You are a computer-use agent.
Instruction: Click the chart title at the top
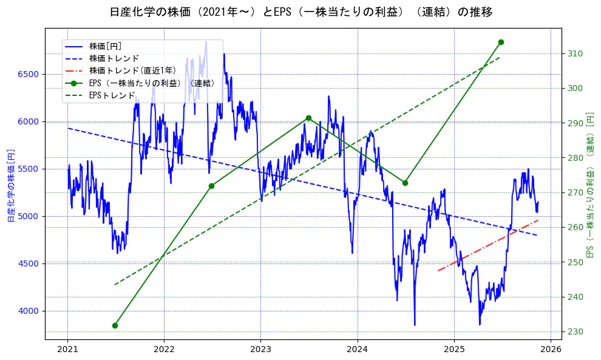pos(300,12)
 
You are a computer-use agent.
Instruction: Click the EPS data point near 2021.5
pos(115,325)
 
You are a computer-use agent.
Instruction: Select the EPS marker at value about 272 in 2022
pos(211,186)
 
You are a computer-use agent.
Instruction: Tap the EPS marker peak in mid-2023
pos(308,118)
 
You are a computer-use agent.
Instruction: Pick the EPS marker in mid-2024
pos(405,183)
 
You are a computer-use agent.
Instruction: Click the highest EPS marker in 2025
pos(501,42)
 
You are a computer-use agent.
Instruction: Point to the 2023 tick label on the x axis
pos(260,349)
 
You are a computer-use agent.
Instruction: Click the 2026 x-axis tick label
pos(550,349)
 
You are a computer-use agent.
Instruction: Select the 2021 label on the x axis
pos(67,349)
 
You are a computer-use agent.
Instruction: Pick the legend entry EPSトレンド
pos(112,95)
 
